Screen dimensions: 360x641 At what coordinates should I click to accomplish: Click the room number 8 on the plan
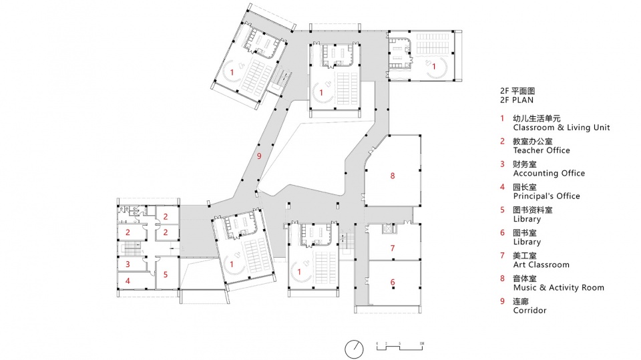393,176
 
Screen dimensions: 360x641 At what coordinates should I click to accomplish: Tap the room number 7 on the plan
393,248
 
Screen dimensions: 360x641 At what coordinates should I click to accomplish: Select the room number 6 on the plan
393,281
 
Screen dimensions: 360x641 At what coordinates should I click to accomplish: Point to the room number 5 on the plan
166,274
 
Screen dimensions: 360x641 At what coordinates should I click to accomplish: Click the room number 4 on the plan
128,281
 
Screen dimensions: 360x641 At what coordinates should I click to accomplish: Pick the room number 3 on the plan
128,264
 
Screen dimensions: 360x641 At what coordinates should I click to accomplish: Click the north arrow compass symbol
355,348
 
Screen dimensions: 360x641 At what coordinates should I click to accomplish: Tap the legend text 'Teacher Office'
541,150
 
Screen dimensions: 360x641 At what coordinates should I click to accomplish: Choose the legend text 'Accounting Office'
549,173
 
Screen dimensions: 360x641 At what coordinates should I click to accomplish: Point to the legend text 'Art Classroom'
541,265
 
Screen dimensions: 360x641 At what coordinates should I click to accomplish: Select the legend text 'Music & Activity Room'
558,288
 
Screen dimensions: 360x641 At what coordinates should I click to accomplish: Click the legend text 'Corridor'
529,311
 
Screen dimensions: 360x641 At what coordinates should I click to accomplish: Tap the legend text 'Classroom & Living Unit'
561,127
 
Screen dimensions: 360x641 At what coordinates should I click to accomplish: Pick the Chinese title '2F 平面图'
517,90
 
